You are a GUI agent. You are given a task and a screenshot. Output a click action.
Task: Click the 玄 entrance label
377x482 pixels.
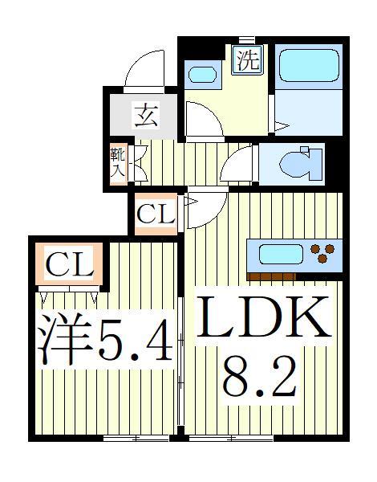pos(145,116)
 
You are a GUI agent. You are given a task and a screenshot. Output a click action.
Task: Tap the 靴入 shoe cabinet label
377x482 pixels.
pos(116,161)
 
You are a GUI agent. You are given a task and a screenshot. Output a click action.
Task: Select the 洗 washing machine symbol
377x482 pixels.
pos(248,61)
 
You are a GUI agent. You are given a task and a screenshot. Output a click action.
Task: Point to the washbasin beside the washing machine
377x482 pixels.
pos(201,76)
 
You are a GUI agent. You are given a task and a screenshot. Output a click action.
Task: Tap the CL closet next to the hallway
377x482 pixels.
pos(155,214)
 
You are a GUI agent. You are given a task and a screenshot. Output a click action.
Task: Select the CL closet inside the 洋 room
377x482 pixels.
pos(68,264)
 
